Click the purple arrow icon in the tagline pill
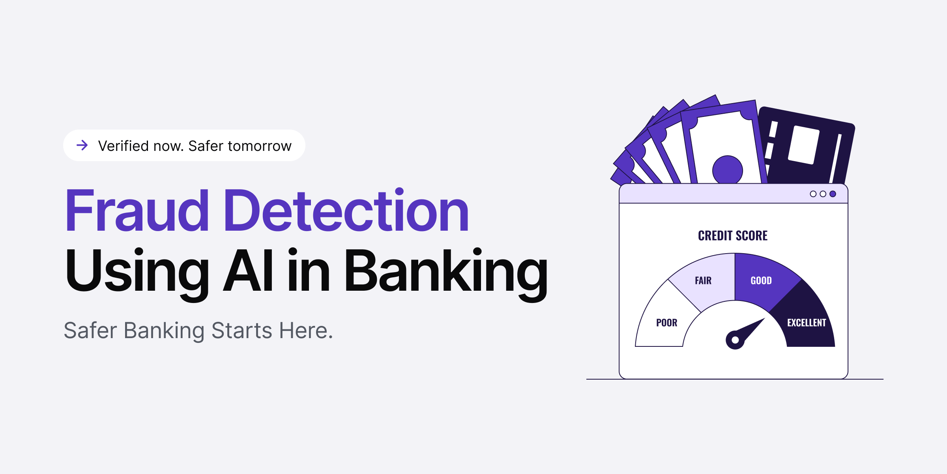82,145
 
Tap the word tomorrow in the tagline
259,146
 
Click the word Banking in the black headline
446,273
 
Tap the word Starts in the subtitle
242,330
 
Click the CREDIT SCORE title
733,236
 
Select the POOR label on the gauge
666,323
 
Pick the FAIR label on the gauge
703,280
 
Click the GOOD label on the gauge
761,280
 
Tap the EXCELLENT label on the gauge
807,323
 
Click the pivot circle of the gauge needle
735,340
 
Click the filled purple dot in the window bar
833,194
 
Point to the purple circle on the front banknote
728,170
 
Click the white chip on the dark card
804,145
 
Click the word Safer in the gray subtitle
90,330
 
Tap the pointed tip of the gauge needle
764,320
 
